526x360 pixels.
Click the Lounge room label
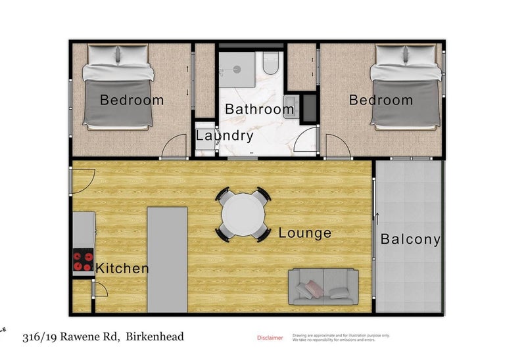304,233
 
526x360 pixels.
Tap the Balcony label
410,240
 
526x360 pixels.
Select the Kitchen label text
122,268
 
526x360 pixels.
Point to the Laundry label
225,136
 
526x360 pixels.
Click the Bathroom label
259,109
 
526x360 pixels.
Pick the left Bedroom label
131,101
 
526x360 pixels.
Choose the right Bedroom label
381,101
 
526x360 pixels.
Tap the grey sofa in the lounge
323,288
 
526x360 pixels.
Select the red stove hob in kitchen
83,261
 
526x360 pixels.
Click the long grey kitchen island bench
166,259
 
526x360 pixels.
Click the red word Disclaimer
270,338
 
